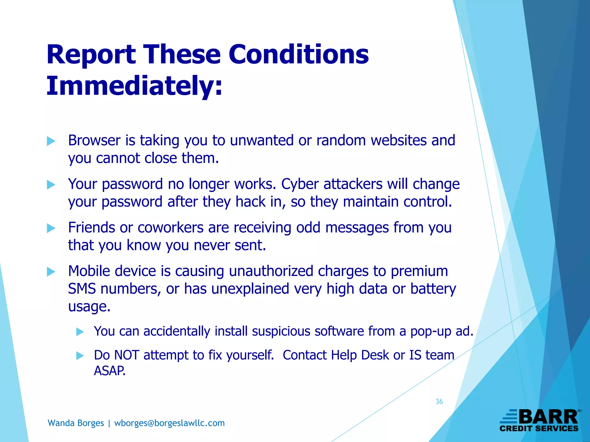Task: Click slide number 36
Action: pyautogui.click(x=439, y=401)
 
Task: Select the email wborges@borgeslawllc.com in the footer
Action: pyautogui.click(x=169, y=423)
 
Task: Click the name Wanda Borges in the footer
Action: pyautogui.click(x=76, y=423)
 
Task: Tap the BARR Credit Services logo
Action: pyautogui.click(x=539, y=421)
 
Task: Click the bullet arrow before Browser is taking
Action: pyautogui.click(x=51, y=141)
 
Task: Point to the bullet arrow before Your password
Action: pyautogui.click(x=51, y=185)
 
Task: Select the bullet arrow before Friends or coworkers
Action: pyautogui.click(x=51, y=228)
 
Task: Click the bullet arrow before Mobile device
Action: pyautogui.click(x=51, y=272)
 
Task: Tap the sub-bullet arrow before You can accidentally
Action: pyautogui.click(x=80, y=332)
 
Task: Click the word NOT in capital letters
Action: pyautogui.click(x=127, y=355)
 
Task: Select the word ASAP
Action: pyautogui.click(x=109, y=371)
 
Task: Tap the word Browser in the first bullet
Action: pyautogui.click(x=94, y=140)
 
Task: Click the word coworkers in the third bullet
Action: pyautogui.click(x=171, y=228)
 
